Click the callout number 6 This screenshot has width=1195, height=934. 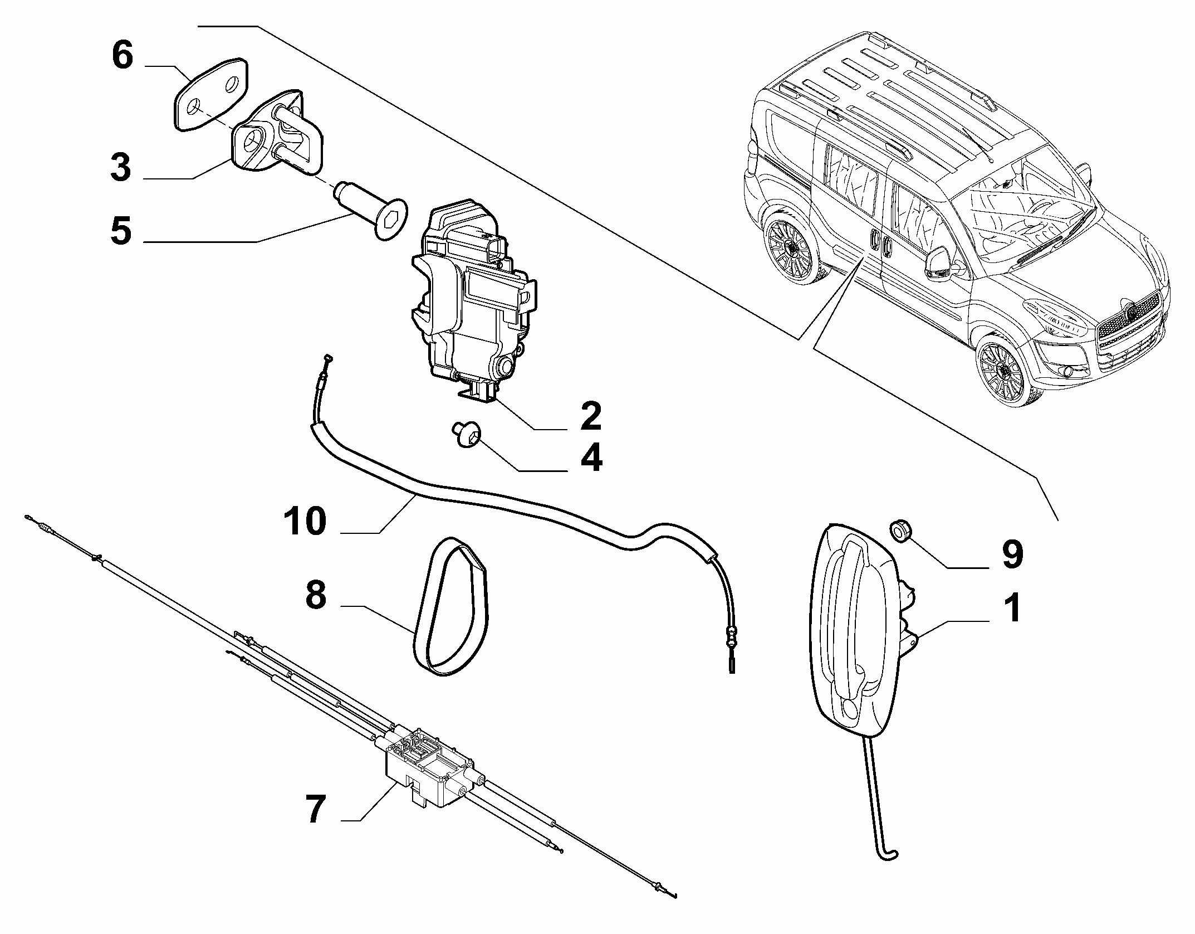[x=123, y=57]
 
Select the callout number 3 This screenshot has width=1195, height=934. [x=120, y=168]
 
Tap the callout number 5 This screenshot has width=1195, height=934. [x=121, y=231]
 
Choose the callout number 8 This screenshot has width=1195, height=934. [x=316, y=595]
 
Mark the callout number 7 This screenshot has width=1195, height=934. [x=315, y=810]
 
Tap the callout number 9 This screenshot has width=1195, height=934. [x=1012, y=554]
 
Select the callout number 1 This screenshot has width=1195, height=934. [x=1013, y=608]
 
